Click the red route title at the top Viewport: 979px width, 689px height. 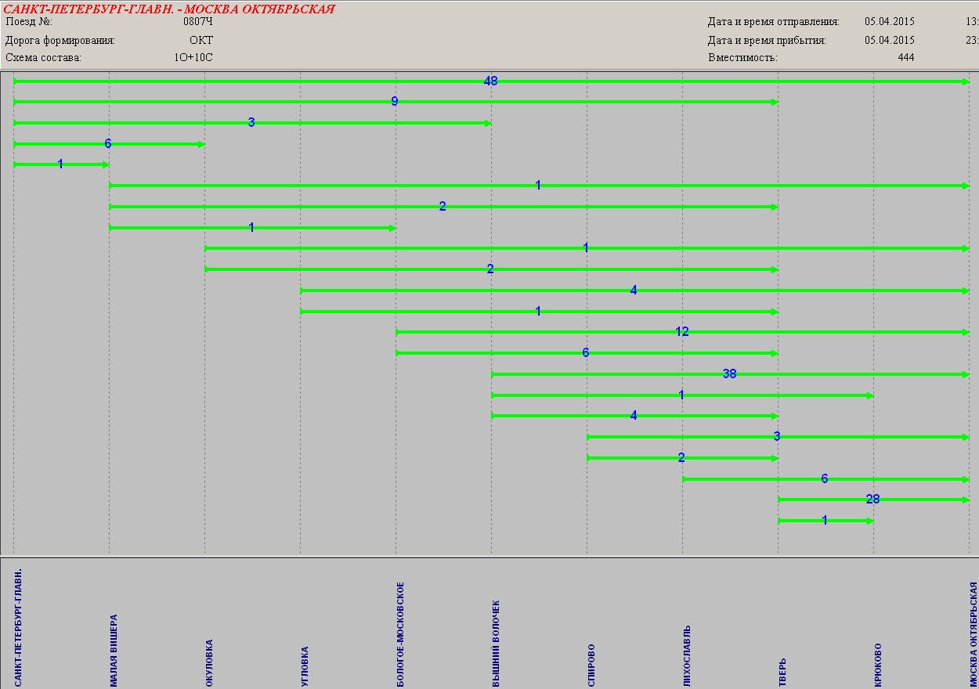[x=169, y=9]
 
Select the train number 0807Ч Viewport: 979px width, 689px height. [x=197, y=22]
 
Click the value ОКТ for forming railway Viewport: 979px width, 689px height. [x=200, y=40]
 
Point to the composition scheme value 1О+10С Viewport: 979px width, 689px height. [x=193, y=57]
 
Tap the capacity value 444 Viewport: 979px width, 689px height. [x=905, y=57]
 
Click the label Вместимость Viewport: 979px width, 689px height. [x=742, y=57]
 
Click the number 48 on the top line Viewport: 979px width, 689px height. [x=491, y=81]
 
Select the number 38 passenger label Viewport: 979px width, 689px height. [x=729, y=374]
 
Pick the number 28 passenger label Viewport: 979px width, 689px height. [x=872, y=500]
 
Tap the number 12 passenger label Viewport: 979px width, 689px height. [x=681, y=332]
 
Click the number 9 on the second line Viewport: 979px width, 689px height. [x=395, y=102]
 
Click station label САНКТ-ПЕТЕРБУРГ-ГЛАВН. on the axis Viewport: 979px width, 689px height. [x=18, y=627]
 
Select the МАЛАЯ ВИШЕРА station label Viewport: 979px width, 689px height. [x=114, y=650]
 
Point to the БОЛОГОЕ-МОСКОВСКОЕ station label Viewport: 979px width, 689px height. [x=400, y=634]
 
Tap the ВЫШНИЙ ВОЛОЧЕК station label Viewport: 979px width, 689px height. [x=496, y=644]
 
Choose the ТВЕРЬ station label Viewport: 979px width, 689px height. [x=782, y=673]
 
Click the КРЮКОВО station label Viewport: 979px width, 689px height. [x=878, y=666]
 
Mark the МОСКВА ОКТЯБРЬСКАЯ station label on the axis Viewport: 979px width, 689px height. [x=974, y=634]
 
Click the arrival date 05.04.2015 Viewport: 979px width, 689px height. [x=889, y=40]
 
